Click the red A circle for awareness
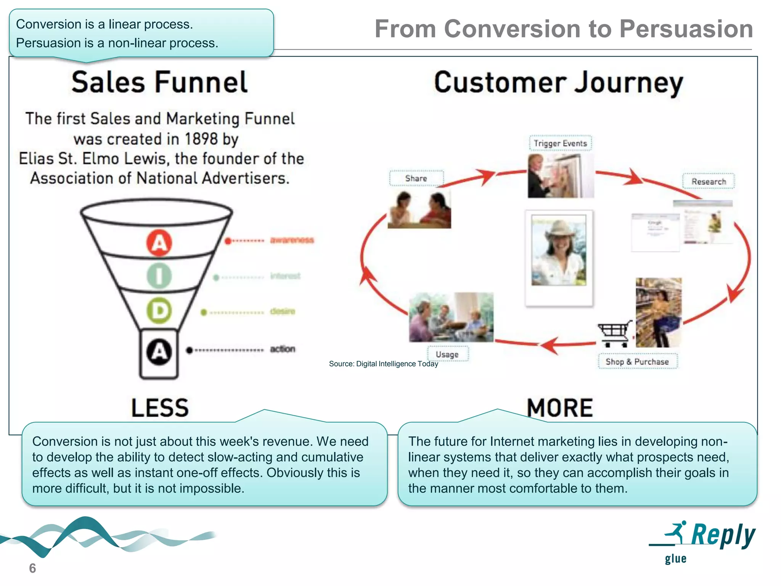159,243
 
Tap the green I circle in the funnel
159,276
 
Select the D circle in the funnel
159,311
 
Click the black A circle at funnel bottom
159,351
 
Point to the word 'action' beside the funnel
283,349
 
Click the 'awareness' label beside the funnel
292,240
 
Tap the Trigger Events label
560,143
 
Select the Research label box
709,181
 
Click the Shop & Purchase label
637,362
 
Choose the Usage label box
447,354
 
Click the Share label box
416,178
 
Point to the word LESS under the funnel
160,407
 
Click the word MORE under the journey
560,407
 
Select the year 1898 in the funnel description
201,139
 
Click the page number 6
32,568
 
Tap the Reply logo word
723,535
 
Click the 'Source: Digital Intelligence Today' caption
383,364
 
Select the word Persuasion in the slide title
686,29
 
